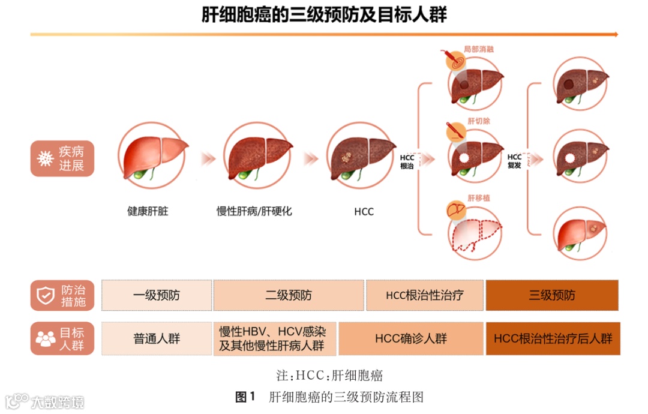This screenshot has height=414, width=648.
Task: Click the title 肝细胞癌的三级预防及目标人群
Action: [324, 15]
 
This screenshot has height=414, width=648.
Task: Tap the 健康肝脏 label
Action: [148, 211]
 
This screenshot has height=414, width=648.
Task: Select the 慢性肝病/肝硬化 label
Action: [254, 211]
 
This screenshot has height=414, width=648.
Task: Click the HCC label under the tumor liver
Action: [364, 212]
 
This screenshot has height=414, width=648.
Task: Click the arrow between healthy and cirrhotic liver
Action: [208, 159]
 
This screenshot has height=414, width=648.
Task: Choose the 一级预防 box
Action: [157, 295]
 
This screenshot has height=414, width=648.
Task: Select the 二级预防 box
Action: [289, 295]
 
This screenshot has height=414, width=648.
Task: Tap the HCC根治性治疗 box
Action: [425, 295]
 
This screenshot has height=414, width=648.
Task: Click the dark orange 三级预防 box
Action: [552, 295]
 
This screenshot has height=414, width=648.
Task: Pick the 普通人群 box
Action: [157, 338]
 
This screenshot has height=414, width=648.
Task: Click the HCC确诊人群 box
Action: [411, 338]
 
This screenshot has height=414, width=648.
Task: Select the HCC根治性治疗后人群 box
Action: [553, 338]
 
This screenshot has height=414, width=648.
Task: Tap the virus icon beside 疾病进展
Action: [45, 158]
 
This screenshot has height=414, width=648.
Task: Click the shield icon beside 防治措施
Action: [46, 295]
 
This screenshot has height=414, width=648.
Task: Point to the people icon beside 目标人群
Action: [46, 338]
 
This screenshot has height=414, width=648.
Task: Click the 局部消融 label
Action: [478, 49]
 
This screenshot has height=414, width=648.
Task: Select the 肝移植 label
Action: [478, 197]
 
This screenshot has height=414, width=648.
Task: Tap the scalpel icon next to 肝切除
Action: [454, 130]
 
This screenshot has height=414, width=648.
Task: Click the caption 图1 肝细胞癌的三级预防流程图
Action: [329, 397]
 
